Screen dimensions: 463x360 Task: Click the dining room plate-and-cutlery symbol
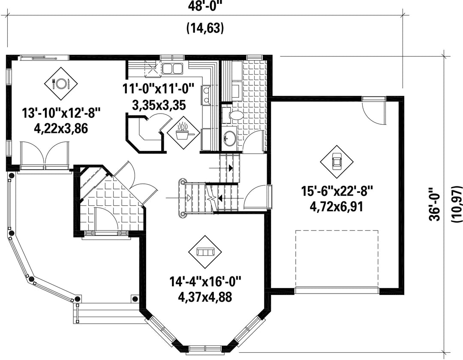point(61,84)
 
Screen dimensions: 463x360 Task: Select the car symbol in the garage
point(337,162)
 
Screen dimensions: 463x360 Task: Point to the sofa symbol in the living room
point(205,252)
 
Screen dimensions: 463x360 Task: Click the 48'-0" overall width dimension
point(204,6)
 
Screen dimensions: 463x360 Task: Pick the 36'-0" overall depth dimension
point(435,204)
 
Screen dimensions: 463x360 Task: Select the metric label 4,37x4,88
point(205,297)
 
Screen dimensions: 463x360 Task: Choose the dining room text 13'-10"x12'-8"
point(61,113)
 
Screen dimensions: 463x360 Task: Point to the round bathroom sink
point(229,137)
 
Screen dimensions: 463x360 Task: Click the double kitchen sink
point(172,68)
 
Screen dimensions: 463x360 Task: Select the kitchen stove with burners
point(206,95)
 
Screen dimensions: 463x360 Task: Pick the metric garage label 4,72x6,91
point(337,207)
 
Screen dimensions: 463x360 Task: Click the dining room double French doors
point(45,155)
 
